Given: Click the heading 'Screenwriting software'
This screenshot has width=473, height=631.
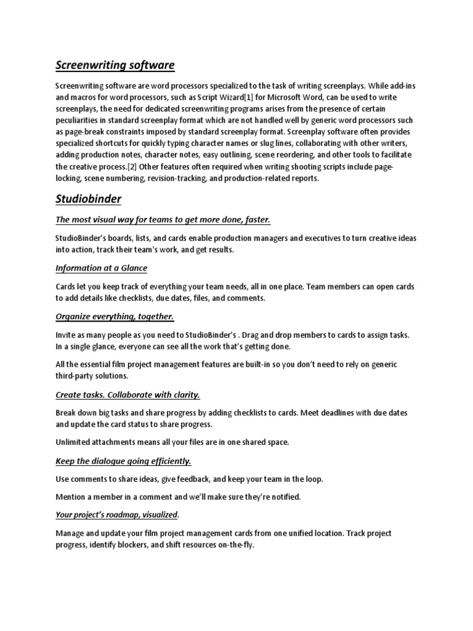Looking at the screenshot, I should (x=115, y=65).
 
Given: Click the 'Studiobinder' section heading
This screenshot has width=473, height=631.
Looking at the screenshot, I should (x=88, y=199).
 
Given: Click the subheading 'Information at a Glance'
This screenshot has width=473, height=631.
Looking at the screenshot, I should (x=102, y=268).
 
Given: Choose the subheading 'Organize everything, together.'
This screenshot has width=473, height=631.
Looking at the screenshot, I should (x=115, y=316).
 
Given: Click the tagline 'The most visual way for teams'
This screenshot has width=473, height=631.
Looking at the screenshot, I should (x=163, y=220).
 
